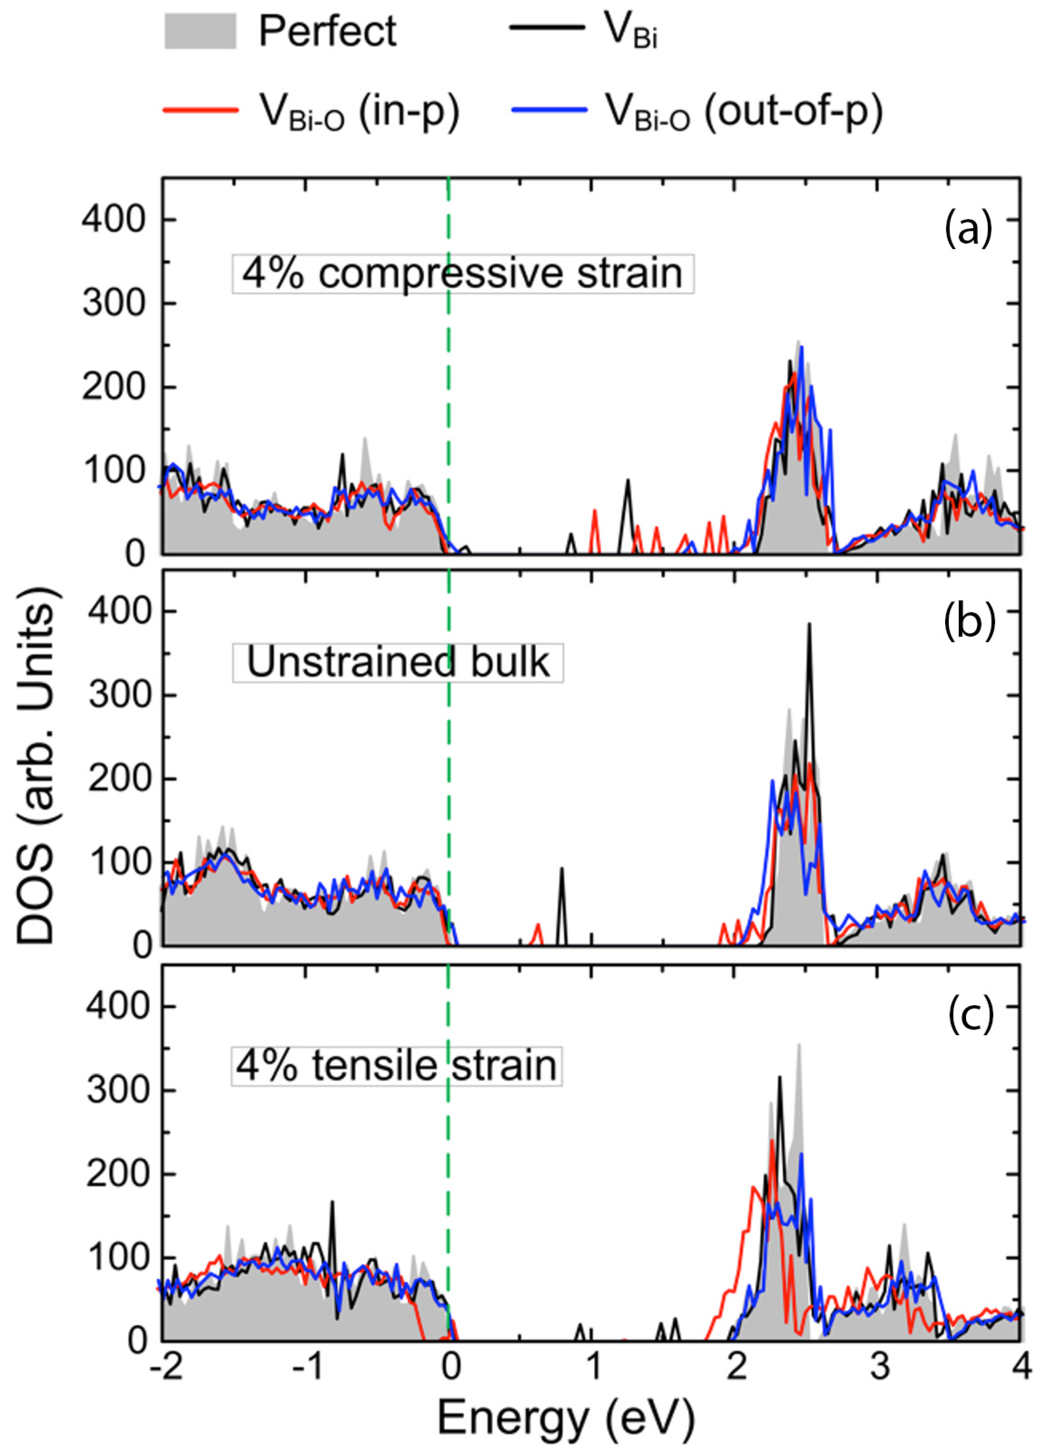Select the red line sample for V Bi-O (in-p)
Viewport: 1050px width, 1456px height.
coord(200,110)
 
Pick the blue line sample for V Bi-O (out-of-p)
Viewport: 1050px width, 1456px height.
coord(549,110)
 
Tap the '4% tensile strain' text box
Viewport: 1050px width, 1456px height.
coord(397,1065)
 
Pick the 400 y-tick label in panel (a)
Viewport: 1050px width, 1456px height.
coord(114,220)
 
